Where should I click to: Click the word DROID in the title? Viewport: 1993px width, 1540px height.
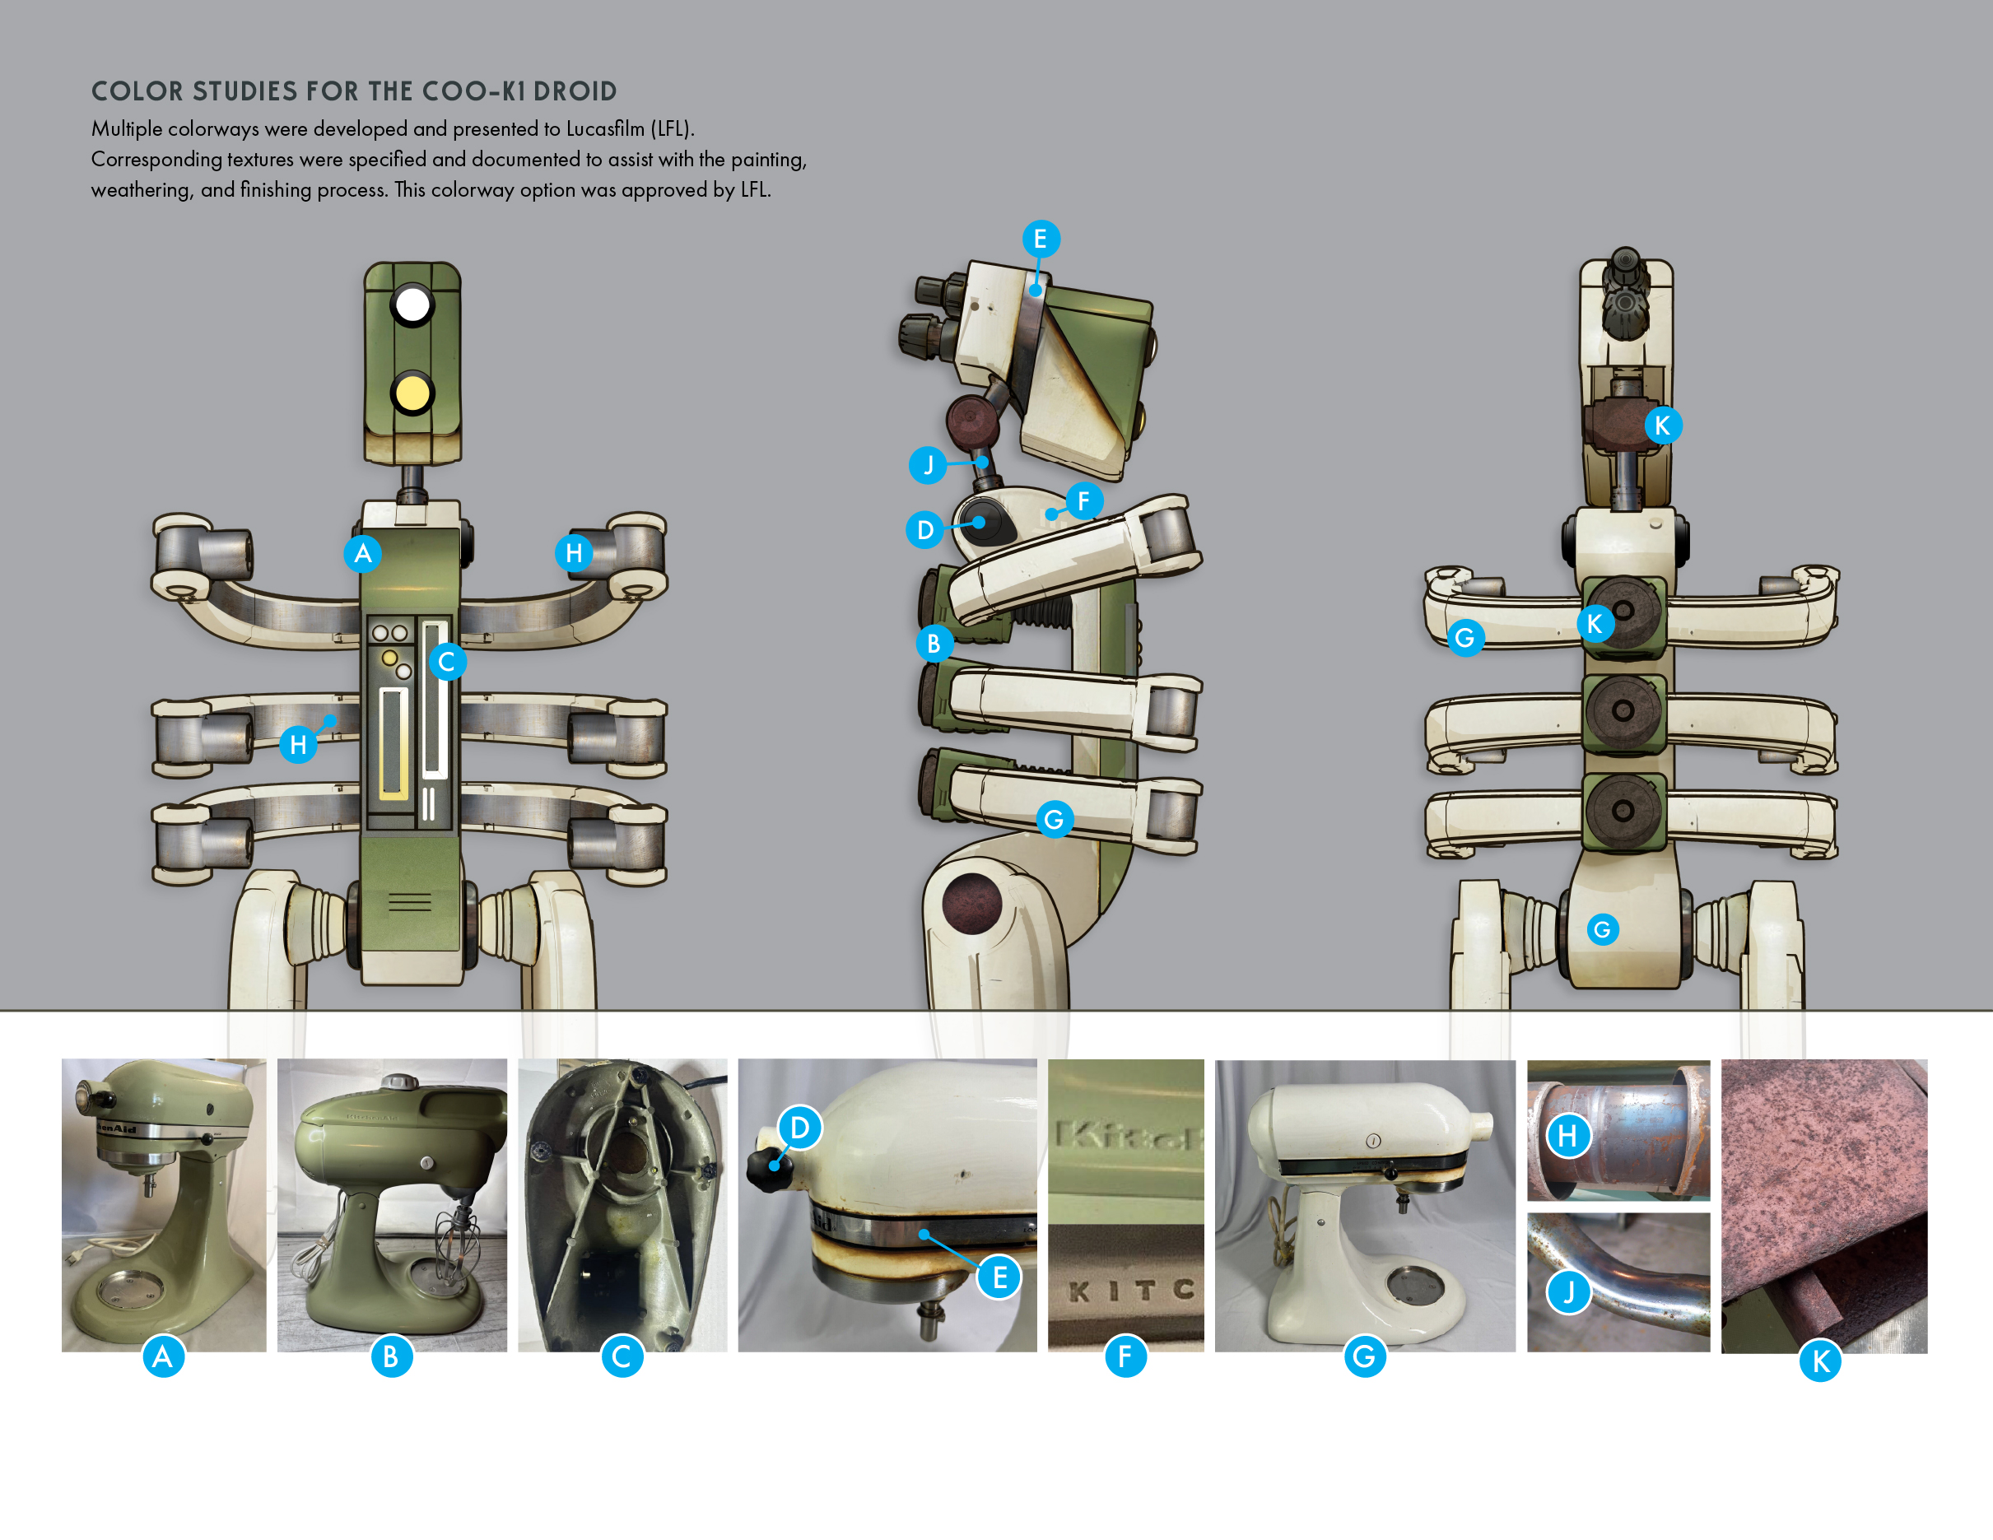(x=575, y=91)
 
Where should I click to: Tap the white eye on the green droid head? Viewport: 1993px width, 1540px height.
(x=412, y=305)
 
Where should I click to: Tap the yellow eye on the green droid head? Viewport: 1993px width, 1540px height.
(x=412, y=394)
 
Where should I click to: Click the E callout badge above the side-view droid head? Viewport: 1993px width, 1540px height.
(x=1040, y=239)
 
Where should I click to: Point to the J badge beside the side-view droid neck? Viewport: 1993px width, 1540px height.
(x=928, y=464)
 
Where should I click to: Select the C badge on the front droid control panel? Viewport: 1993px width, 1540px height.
(x=446, y=662)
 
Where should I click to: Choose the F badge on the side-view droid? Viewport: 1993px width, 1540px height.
(x=1083, y=501)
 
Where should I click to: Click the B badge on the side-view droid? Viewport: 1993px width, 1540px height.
(x=934, y=643)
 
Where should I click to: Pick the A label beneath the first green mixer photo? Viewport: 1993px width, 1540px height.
(x=163, y=1356)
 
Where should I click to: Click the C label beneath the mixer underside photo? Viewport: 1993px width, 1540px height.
(x=622, y=1356)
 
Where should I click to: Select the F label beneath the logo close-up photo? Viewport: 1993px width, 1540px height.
(x=1125, y=1356)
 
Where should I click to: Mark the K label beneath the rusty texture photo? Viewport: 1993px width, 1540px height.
(x=1819, y=1361)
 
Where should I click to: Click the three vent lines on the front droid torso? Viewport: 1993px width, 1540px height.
(x=410, y=903)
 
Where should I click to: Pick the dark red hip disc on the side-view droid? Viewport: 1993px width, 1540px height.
(x=972, y=903)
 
